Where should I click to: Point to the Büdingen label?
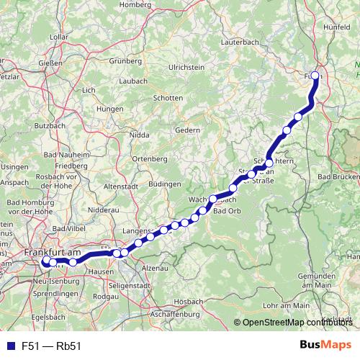pos(165,184)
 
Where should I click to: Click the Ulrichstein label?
pos(187,67)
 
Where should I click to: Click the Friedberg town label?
pos(71,166)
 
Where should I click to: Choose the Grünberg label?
pos(125,60)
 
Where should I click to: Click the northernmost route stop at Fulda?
pos(315,75)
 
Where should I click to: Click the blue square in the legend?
pos(7,346)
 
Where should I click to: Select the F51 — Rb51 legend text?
pos(51,346)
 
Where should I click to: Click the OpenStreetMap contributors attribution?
pos(295,323)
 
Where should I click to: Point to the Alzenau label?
pos(156,267)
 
